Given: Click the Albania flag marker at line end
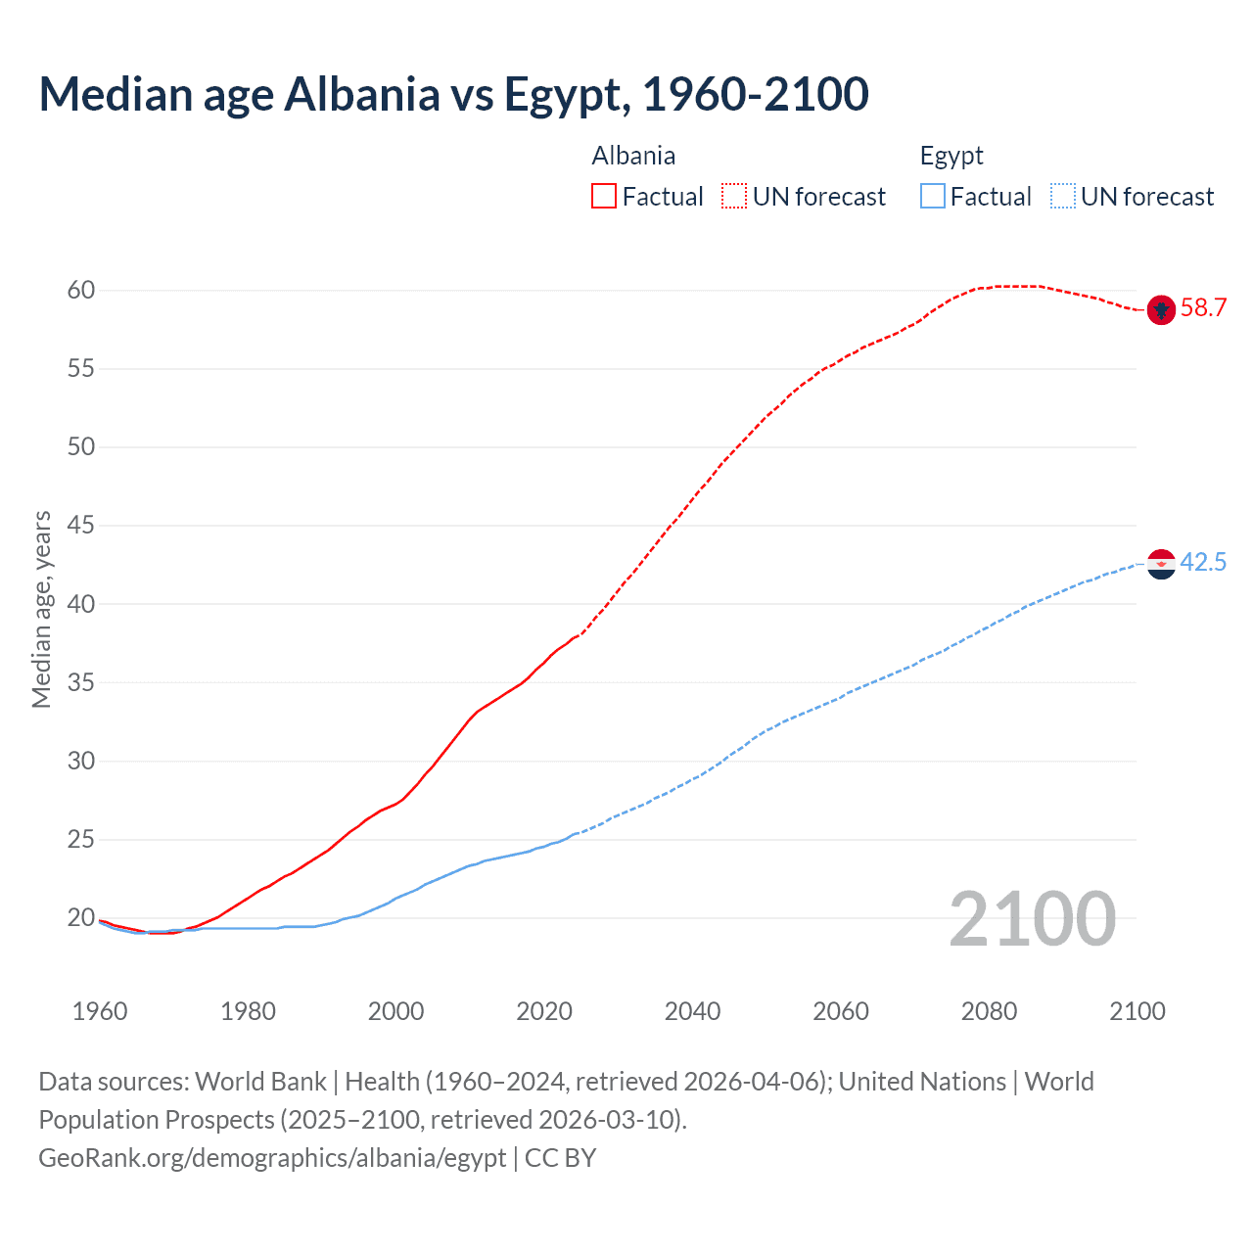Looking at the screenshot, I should pos(1160,309).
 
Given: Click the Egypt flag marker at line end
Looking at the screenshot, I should pos(1160,564).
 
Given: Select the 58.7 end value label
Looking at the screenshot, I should pos(1203,308).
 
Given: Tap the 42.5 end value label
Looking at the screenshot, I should pos(1203,563).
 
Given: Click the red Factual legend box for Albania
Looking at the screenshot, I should pos(604,197).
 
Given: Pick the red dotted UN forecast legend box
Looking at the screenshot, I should pos(734,197).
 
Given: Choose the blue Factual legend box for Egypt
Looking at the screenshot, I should pos(933,197).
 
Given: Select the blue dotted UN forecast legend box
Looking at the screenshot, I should pos(1062,197).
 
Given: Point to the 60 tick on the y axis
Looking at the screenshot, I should pos(81,290).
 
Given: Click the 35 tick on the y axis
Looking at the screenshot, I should pos(81,682).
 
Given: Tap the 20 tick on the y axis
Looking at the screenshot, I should pos(81,918).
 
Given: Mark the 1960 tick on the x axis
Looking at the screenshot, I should pos(100,1011).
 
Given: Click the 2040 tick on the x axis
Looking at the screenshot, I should pos(692,1011).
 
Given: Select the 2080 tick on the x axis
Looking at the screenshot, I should pos(989,1011).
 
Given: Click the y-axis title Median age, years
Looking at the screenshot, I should pos(41,609).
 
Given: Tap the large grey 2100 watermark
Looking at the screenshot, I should pos(1032,919).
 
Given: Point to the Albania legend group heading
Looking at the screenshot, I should pos(633,156).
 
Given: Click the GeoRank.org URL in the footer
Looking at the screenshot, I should pos(272,1158).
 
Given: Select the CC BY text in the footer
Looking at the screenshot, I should pos(561,1158).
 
